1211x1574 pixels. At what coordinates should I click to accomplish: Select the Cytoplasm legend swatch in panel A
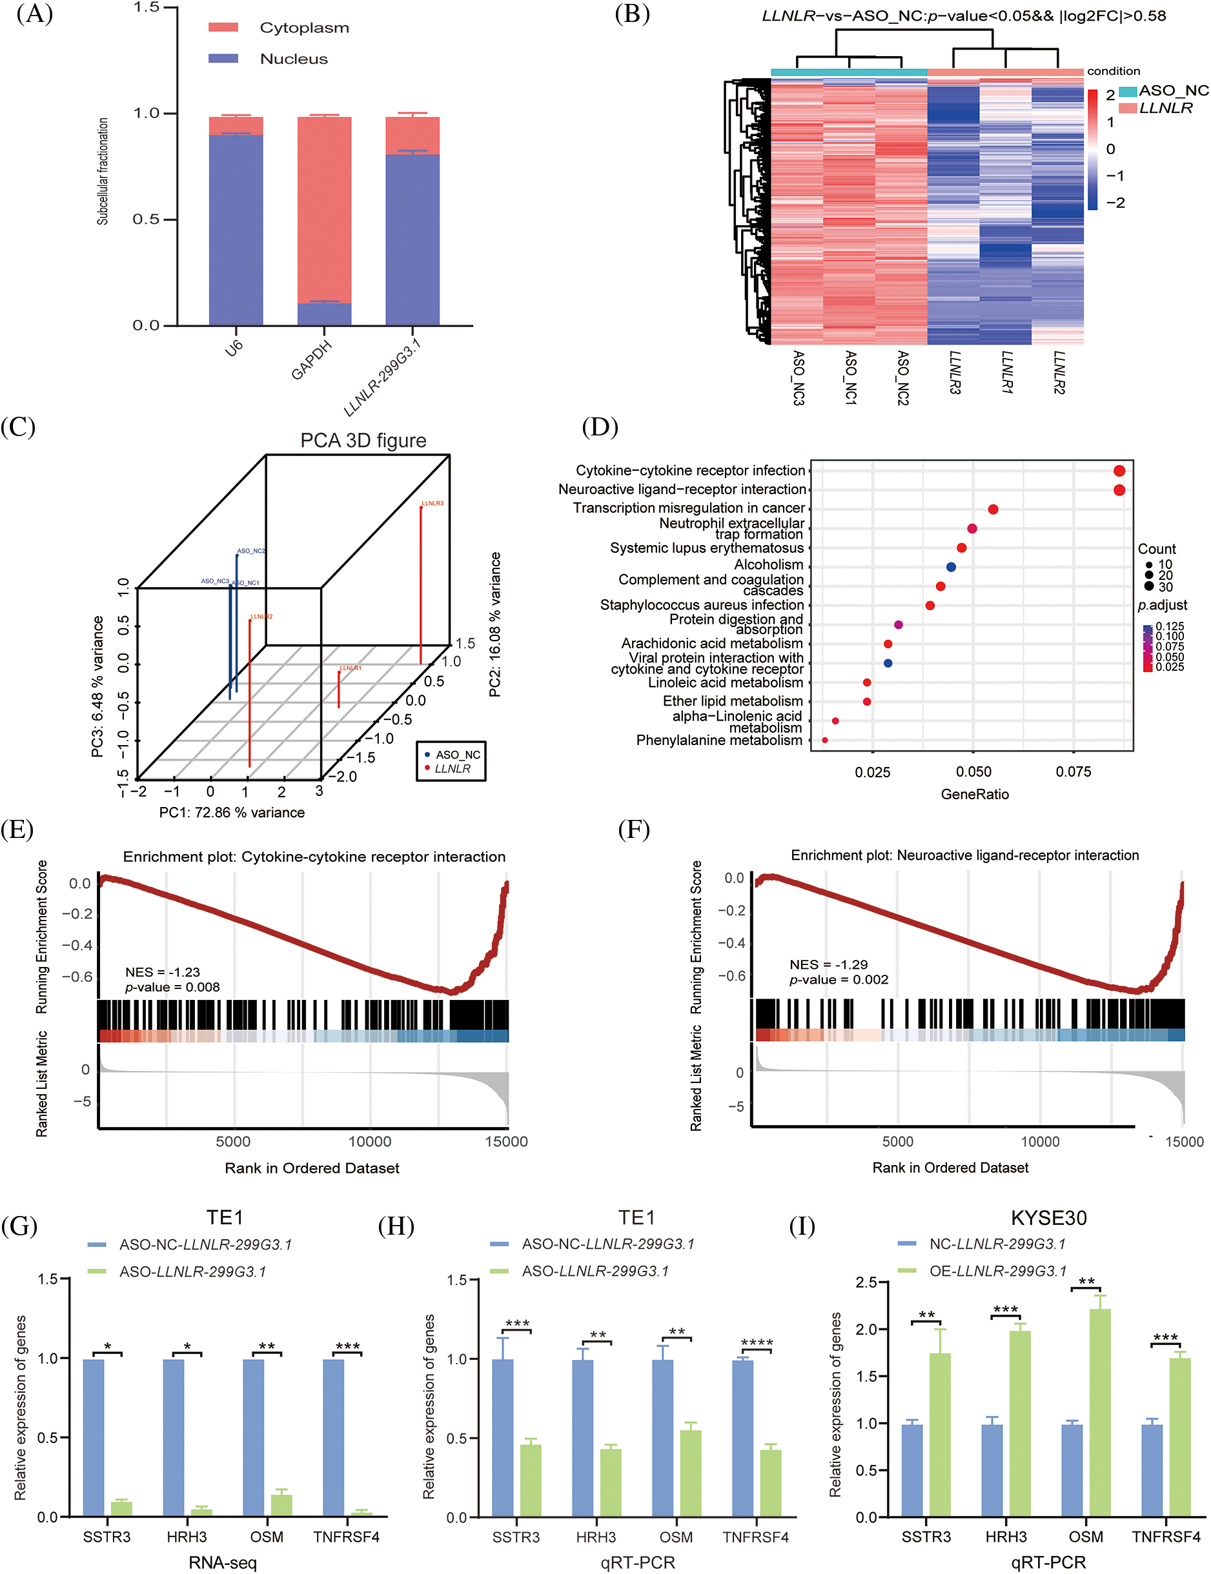(223, 27)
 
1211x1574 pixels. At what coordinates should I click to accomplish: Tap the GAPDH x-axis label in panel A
(311, 359)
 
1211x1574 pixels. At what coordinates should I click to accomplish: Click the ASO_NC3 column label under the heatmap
(798, 377)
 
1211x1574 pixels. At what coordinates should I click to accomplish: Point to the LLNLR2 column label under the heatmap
(1058, 372)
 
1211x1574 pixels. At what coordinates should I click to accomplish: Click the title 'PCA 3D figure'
(363, 440)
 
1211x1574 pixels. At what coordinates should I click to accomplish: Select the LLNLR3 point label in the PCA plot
(432, 503)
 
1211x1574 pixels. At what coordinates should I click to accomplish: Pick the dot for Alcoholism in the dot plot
(951, 567)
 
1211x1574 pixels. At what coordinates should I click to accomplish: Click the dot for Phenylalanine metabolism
(824, 740)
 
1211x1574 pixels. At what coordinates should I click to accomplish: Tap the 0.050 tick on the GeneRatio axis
(973, 772)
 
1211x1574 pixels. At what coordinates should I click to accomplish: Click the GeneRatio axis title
(974, 794)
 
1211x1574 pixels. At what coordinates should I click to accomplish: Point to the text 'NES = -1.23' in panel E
(162, 971)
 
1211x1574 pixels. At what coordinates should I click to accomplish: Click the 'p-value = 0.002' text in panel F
(839, 980)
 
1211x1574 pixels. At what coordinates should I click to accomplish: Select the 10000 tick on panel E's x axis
(370, 1141)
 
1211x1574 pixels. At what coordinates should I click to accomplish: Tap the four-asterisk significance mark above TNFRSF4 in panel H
(756, 1343)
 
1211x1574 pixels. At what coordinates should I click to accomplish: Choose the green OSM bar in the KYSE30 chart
(1099, 1413)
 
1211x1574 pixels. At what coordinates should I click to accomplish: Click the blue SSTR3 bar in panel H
(502, 1438)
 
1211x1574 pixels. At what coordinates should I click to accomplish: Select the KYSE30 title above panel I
(1048, 1218)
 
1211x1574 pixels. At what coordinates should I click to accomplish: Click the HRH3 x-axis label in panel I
(1006, 1537)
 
